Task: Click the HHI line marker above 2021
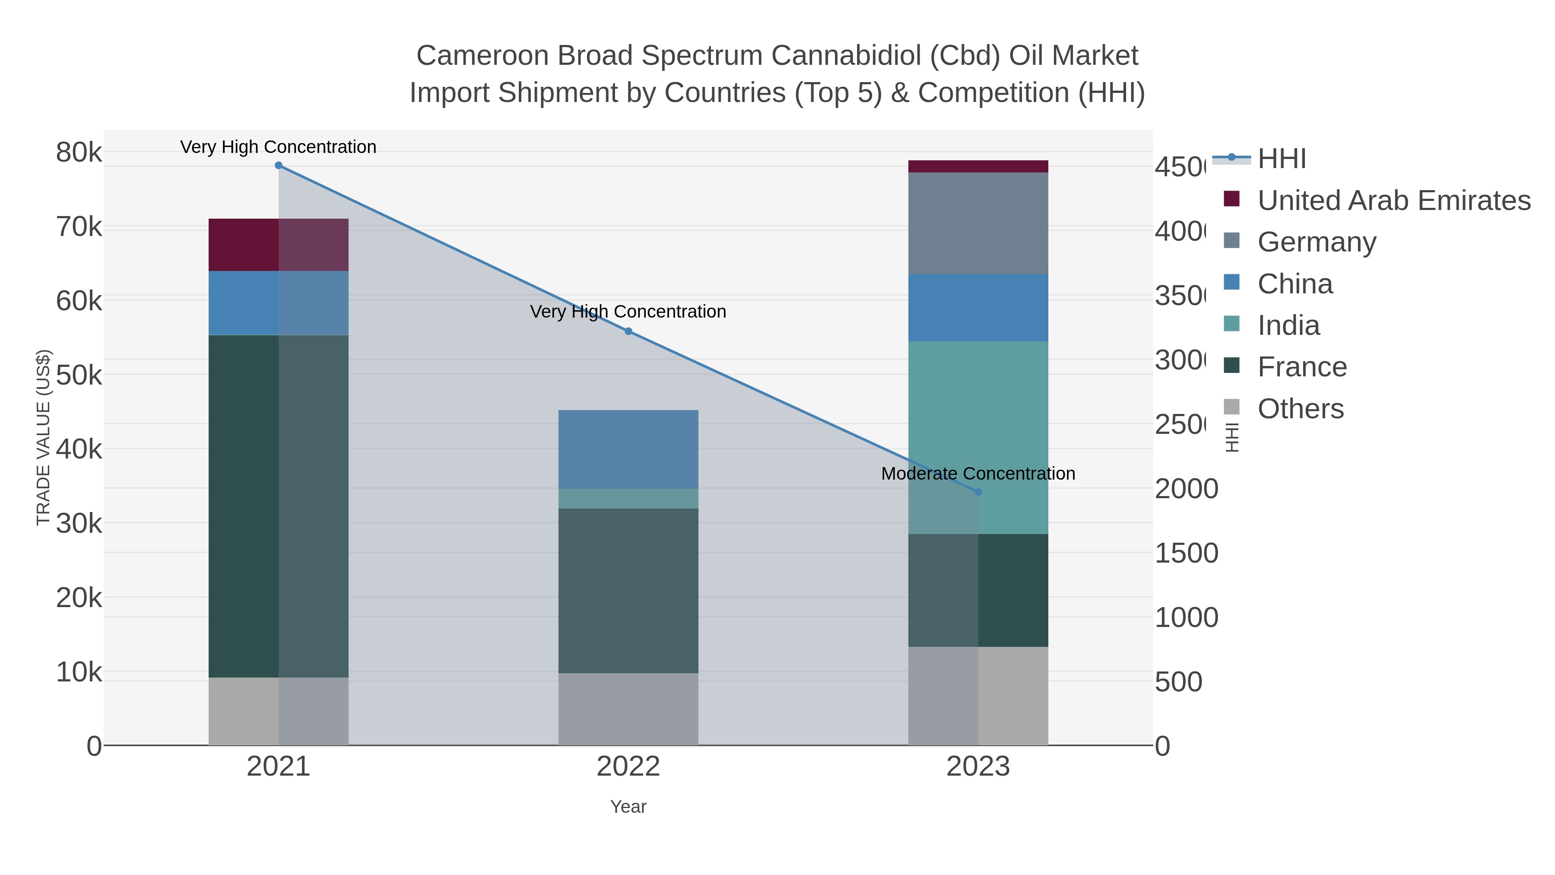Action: [278, 165]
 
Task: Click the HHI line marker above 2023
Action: [978, 492]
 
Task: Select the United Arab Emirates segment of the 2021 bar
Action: [278, 245]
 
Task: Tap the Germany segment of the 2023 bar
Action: [978, 223]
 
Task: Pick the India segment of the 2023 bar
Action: [978, 423]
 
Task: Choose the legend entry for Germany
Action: [1316, 242]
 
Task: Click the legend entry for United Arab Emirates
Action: [1393, 200]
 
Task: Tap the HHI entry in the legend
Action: [1281, 159]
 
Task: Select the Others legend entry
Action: [1300, 409]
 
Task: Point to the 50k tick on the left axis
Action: [79, 375]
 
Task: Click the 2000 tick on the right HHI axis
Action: [1186, 489]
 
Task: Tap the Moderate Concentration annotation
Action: [978, 474]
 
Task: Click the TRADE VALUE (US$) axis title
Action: [44, 437]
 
